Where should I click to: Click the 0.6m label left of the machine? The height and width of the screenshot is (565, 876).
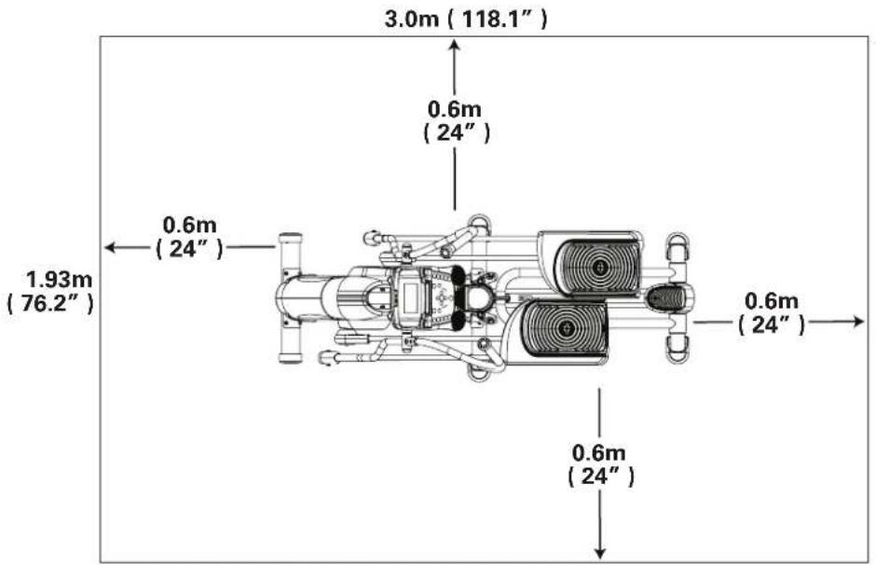(x=190, y=237)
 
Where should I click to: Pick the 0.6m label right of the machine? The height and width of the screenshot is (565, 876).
(x=771, y=311)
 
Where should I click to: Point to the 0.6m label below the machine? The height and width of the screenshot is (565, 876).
(x=600, y=464)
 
